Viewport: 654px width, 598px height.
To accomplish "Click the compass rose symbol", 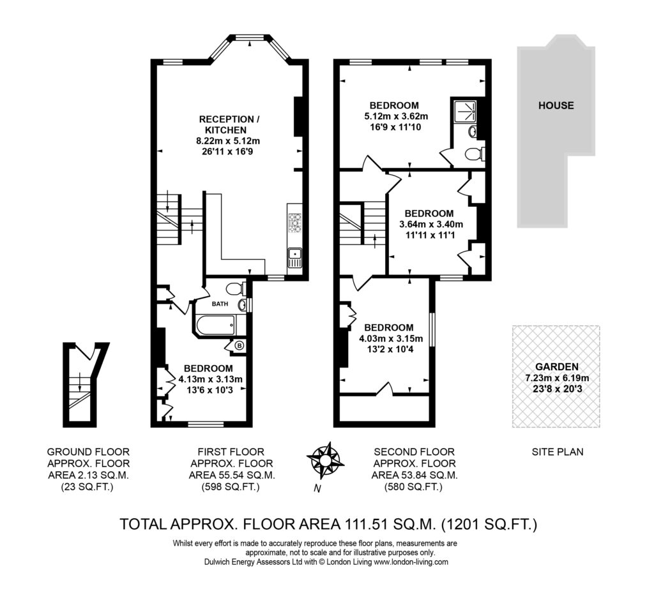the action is [x=325, y=461].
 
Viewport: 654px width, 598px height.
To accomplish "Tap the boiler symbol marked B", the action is [x=240, y=345].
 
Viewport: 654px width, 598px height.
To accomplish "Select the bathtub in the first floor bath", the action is [x=215, y=325].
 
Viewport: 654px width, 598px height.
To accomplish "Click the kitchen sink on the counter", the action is [x=295, y=258].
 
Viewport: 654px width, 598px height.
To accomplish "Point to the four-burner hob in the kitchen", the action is [x=295, y=223].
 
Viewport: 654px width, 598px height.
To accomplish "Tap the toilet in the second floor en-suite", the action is [x=475, y=154].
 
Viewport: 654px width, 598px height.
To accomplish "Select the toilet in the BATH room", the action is [x=235, y=288].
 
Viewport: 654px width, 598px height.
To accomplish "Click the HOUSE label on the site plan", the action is [x=556, y=105].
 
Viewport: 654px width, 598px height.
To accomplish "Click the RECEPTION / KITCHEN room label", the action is [x=229, y=124].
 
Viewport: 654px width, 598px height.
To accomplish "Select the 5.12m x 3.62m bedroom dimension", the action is [x=395, y=116].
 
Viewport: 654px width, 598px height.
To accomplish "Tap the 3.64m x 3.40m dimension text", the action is [x=431, y=224].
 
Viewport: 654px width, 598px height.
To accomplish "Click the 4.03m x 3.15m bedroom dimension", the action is [x=391, y=338].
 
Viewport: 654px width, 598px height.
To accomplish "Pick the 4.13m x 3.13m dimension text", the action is [x=210, y=379].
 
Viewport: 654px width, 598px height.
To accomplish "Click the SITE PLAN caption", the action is [x=557, y=452].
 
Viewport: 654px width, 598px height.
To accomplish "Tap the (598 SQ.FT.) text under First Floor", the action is [x=231, y=487].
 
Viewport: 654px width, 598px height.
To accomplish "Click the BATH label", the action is [x=220, y=304].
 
